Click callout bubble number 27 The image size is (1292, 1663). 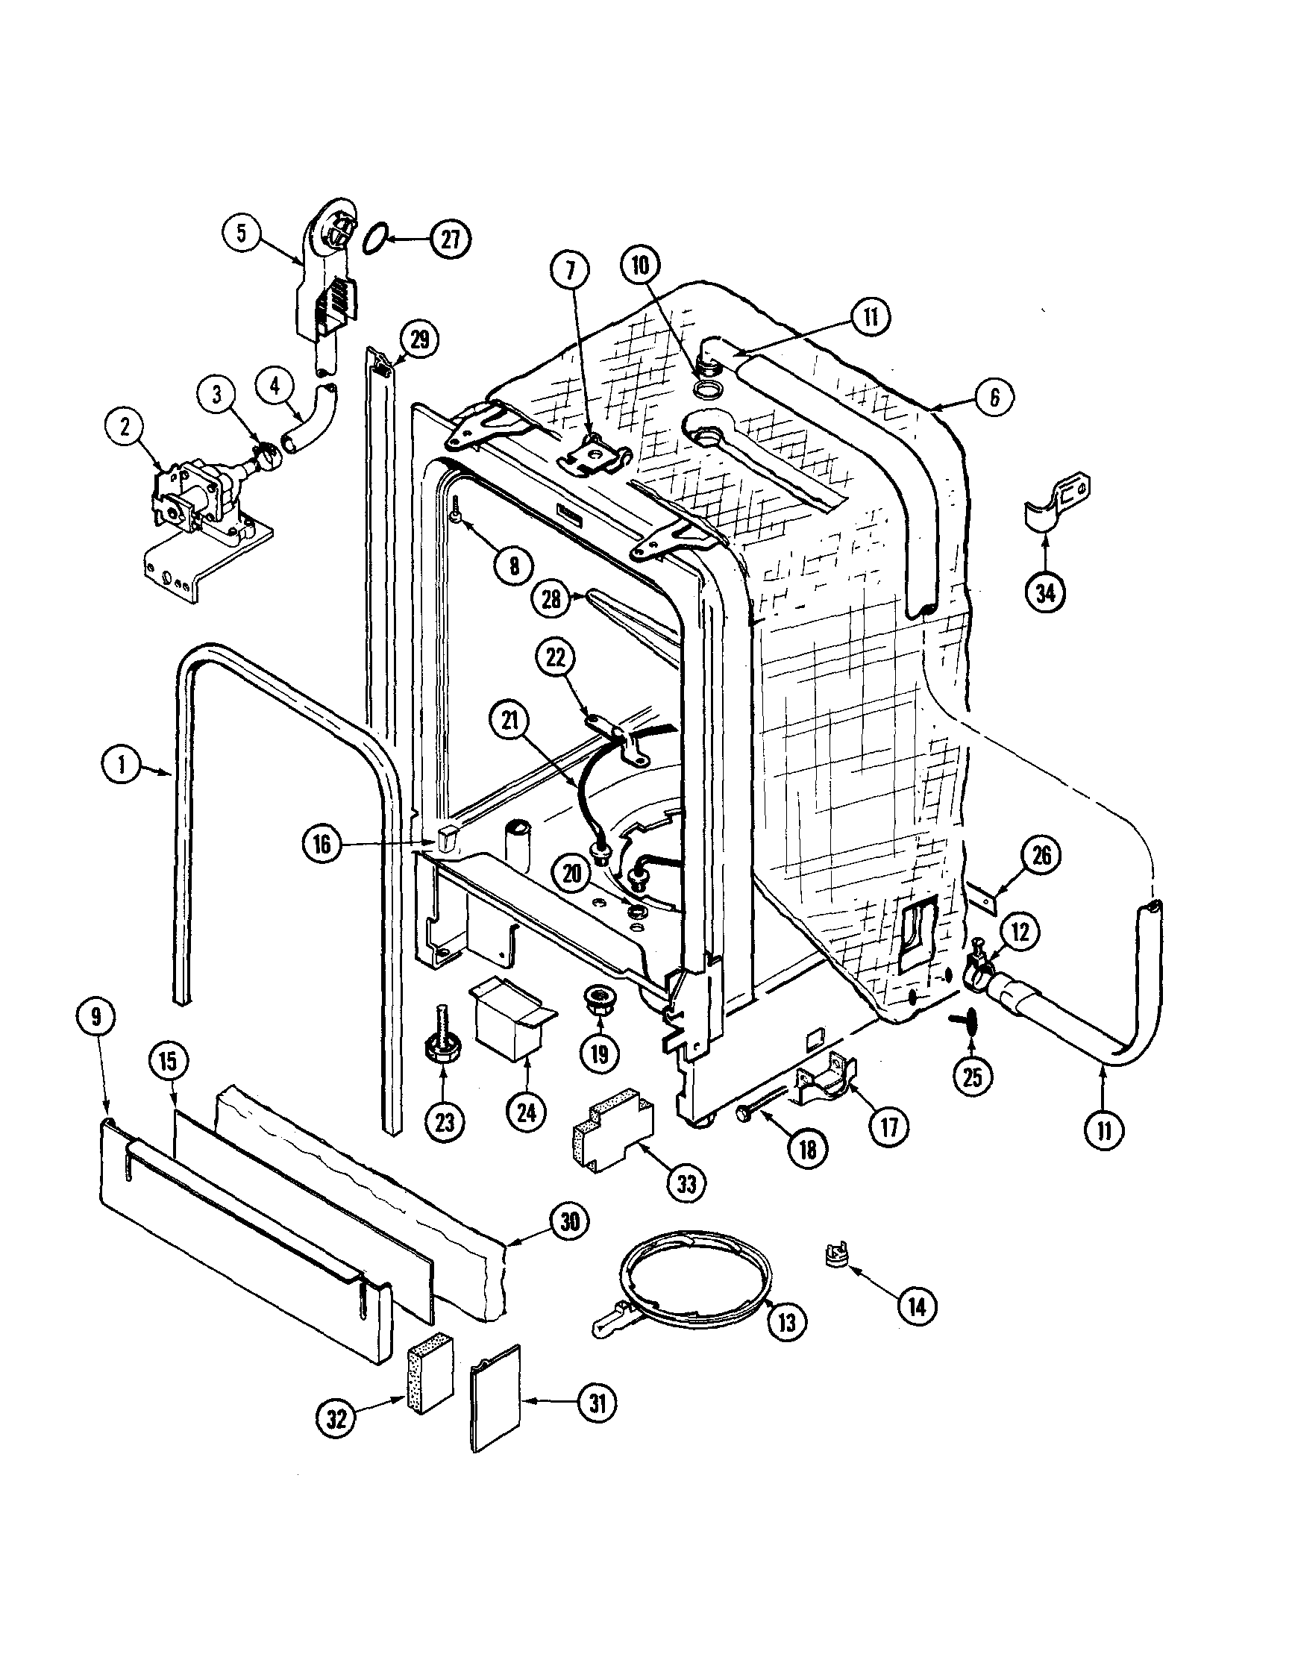(x=450, y=239)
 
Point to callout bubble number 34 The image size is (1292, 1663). (x=1046, y=592)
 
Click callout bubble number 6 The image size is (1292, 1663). (x=994, y=397)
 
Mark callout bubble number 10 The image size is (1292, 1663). (x=642, y=265)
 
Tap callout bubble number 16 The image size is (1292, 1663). (x=323, y=846)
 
